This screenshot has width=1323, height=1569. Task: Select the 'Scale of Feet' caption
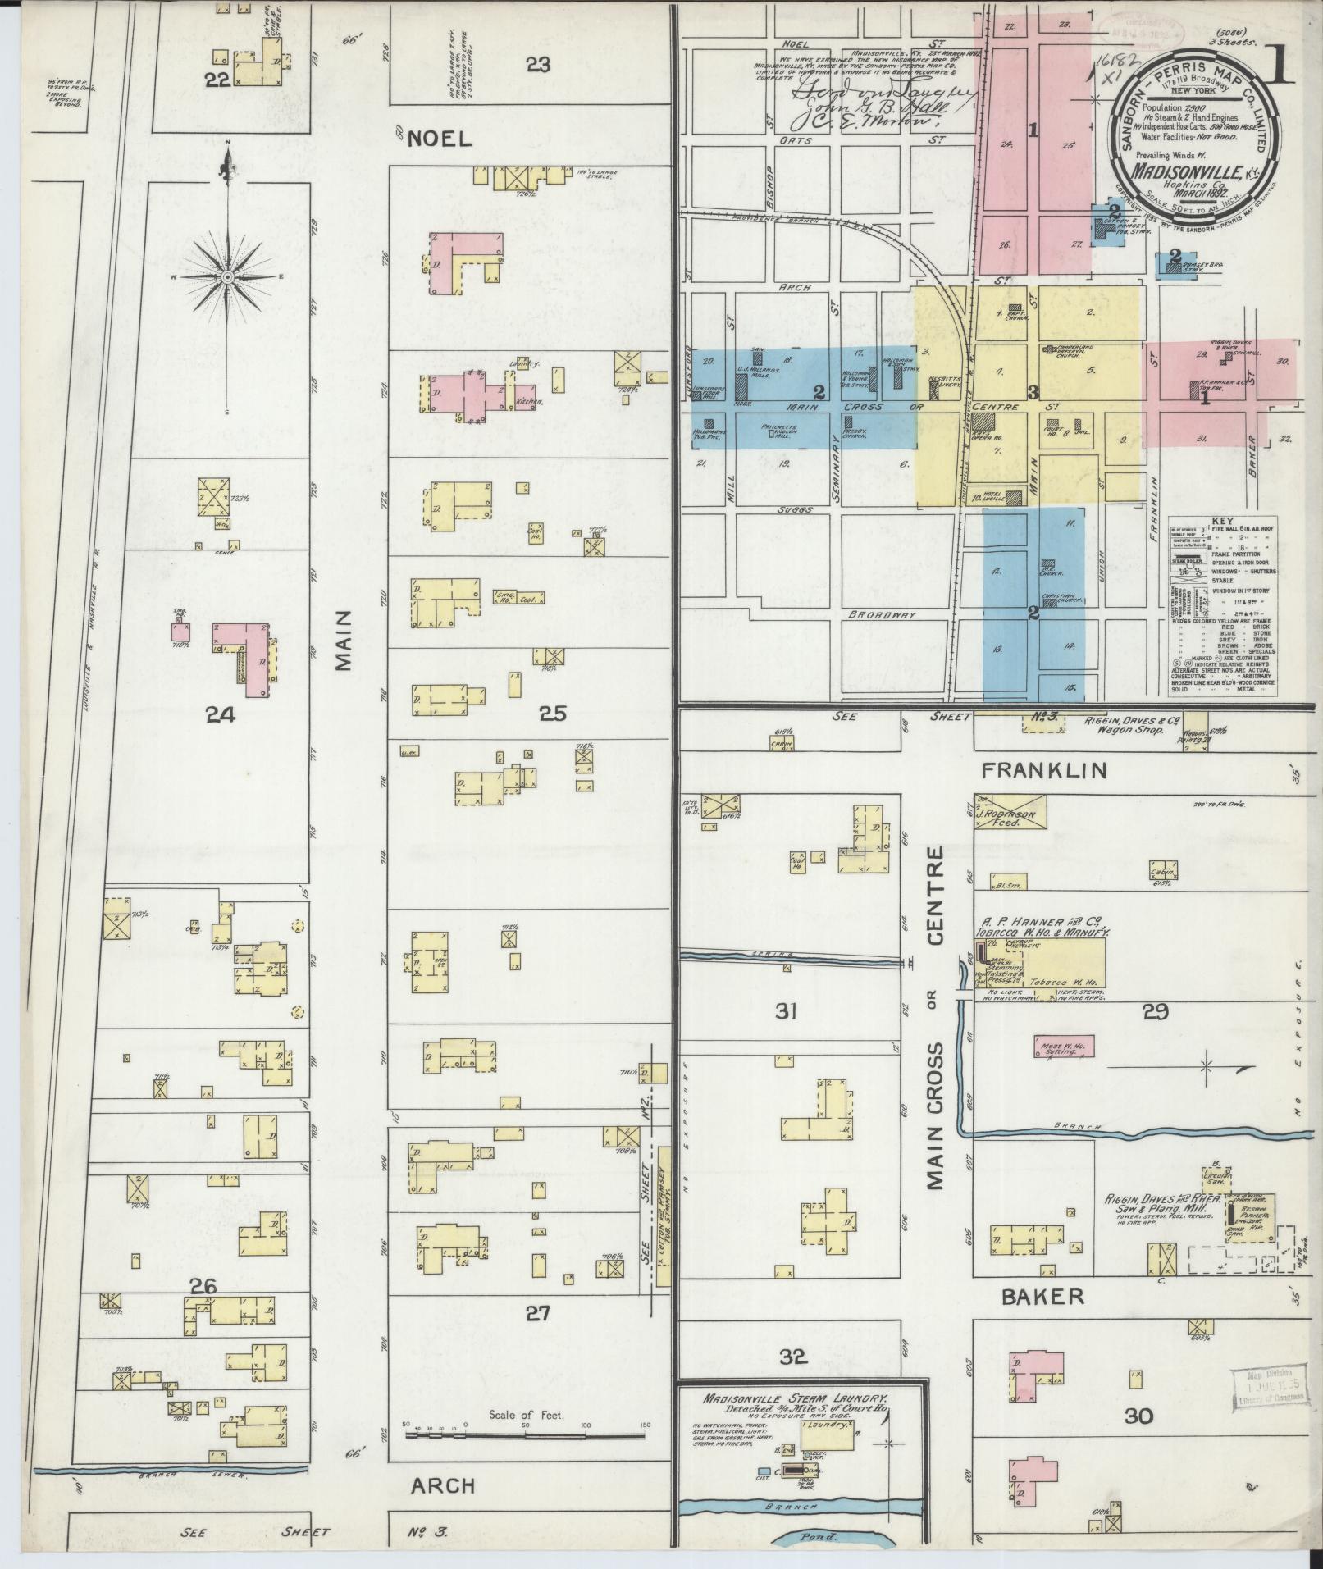click(527, 1416)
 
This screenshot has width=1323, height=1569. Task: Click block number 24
click(221, 715)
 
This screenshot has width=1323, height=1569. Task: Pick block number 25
click(552, 714)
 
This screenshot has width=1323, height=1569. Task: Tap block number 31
click(785, 1011)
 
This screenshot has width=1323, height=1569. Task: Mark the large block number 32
click(793, 1357)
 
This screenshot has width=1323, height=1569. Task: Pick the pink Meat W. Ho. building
click(1061, 1047)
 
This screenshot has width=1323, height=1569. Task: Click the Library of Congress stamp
click(1270, 1389)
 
